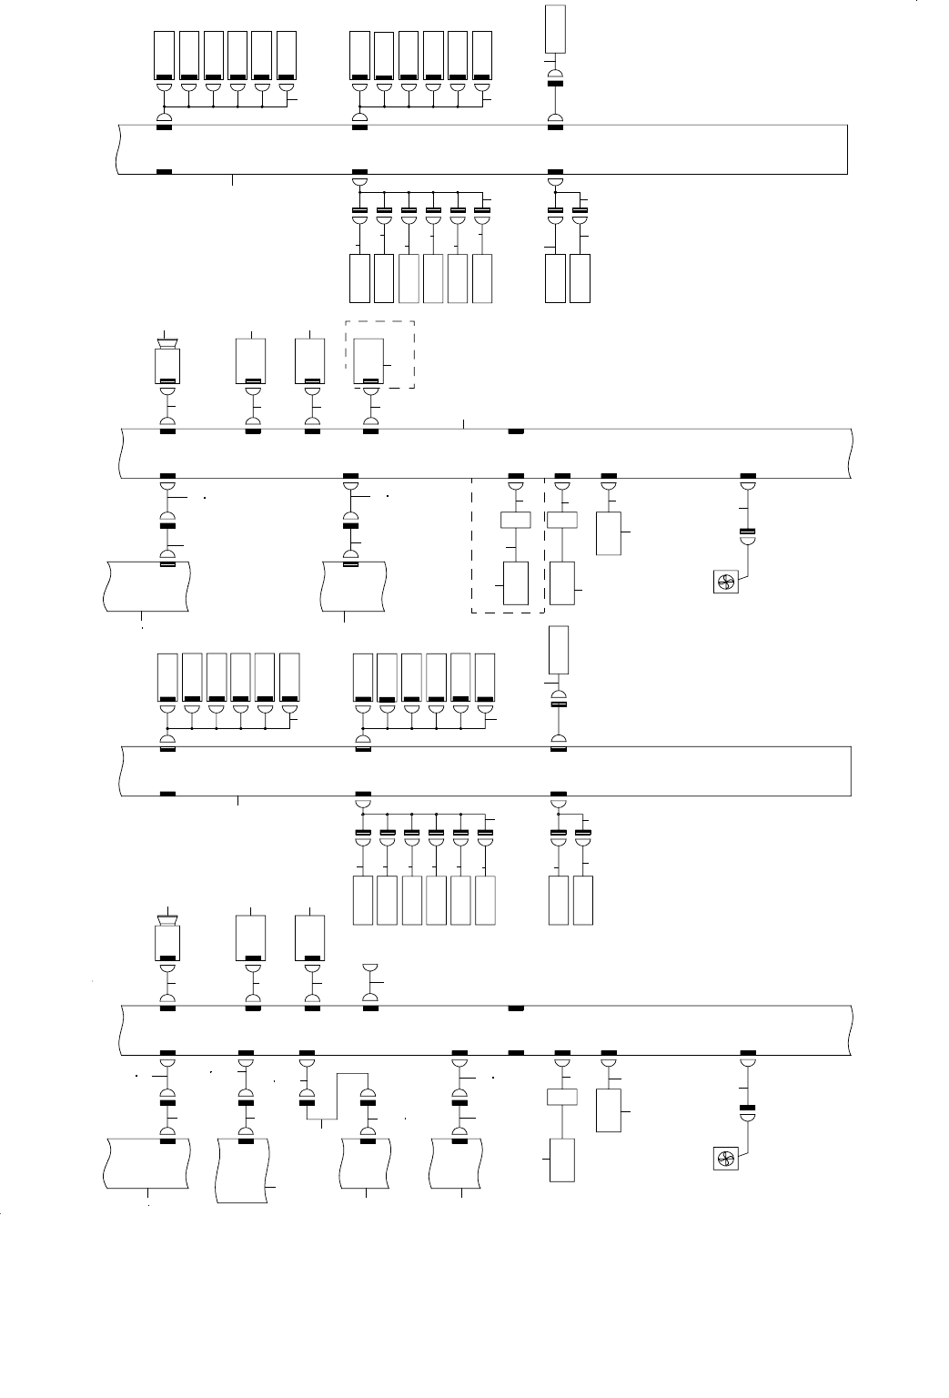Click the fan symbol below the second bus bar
pyautogui.click(x=726, y=582)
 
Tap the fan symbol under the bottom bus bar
pyautogui.click(x=726, y=1160)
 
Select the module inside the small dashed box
pyautogui.click(x=368, y=361)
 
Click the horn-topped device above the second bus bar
pyautogui.click(x=167, y=362)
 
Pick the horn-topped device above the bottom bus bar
pyautogui.click(x=167, y=939)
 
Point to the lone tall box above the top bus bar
pyautogui.click(x=555, y=28)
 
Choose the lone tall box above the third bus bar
pyautogui.click(x=559, y=650)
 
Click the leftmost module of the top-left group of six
pyautogui.click(x=165, y=56)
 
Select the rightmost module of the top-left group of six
pyautogui.click(x=287, y=56)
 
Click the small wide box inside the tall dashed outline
pyautogui.click(x=515, y=521)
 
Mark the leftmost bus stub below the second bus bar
pyautogui.click(x=146, y=586)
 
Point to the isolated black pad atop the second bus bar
pyautogui.click(x=516, y=431)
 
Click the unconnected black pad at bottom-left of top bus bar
pyautogui.click(x=165, y=171)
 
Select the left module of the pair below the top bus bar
pyautogui.click(x=554, y=279)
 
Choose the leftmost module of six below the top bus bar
pyautogui.click(x=359, y=279)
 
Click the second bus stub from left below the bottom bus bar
pyautogui.click(x=243, y=1170)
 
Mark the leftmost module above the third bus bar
pyautogui.click(x=167, y=678)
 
